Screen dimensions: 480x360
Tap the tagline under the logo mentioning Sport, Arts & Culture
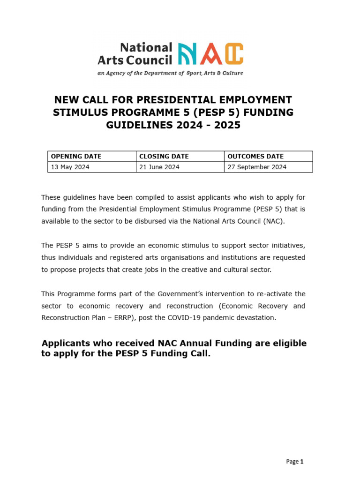coord(170,73)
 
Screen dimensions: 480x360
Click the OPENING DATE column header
coord(76,157)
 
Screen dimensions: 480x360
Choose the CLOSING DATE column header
coord(164,157)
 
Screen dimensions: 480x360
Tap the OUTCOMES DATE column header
coord(255,157)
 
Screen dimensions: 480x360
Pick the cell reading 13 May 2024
coord(70,167)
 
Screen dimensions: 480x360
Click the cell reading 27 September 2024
coord(256,167)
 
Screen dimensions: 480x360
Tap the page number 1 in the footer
coord(302,462)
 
